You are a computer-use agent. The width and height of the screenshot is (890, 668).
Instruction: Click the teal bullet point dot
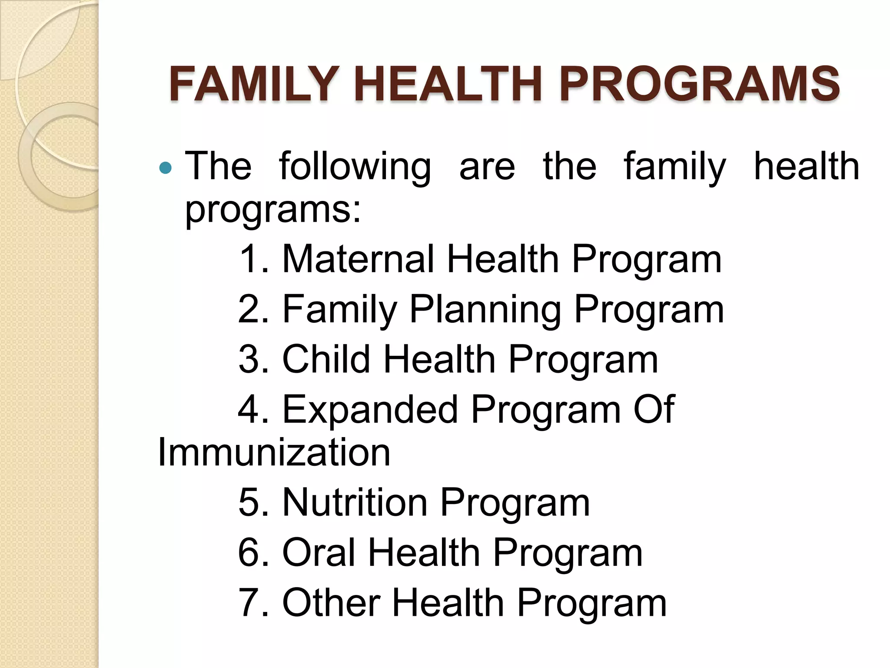tap(166, 167)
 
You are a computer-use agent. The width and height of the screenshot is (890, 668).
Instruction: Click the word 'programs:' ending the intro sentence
tap(273, 210)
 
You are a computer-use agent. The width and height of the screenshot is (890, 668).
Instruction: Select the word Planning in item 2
tap(485, 310)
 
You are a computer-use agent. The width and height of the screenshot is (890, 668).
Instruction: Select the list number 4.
tap(252, 410)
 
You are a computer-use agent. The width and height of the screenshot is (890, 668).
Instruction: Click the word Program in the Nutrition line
tap(515, 504)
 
